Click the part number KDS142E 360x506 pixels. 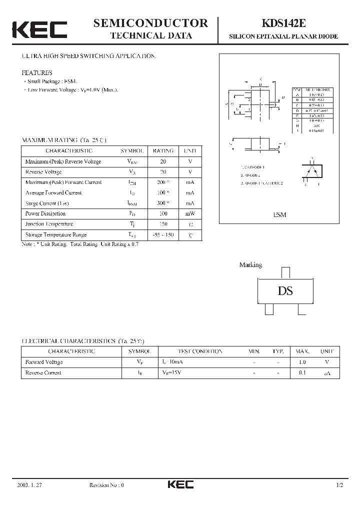click(x=283, y=23)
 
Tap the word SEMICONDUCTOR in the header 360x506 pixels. click(x=150, y=22)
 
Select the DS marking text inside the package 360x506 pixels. click(x=285, y=291)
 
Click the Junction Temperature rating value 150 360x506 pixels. click(x=163, y=224)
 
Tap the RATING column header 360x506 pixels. click(x=163, y=150)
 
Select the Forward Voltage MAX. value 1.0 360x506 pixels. click(x=301, y=362)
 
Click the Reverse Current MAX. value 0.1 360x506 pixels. click(x=301, y=373)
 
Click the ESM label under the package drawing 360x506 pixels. click(x=279, y=214)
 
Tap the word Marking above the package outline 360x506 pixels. click(x=250, y=265)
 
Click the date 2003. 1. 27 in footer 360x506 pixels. click(x=29, y=485)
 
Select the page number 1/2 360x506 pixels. click(x=340, y=485)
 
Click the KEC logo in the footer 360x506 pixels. click(x=180, y=484)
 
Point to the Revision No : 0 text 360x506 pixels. click(x=106, y=485)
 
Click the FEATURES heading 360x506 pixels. click(x=37, y=72)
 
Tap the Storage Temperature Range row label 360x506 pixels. click(x=55, y=235)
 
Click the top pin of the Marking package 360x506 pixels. click(x=285, y=272)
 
